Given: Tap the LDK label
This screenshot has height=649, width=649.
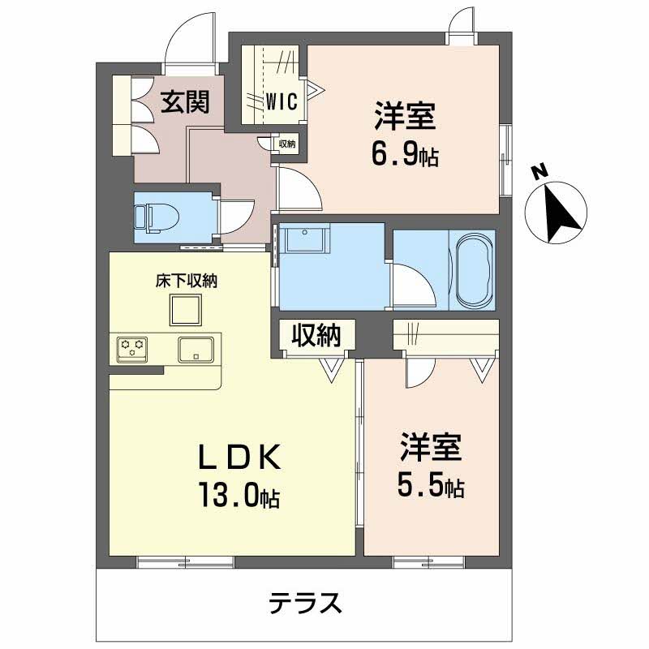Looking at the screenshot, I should point(241,458).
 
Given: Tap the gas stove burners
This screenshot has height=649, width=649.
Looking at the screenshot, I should point(133,349).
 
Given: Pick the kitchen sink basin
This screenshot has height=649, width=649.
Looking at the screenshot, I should point(196,350).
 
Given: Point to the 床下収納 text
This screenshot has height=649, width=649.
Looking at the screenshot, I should point(186,282).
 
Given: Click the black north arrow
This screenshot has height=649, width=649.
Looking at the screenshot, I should point(560,210).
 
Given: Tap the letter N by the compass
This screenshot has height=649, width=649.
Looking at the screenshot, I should point(536,171).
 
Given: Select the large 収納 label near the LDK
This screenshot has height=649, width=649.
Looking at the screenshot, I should point(316,336).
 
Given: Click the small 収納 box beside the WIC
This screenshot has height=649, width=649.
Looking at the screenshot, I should point(286,144).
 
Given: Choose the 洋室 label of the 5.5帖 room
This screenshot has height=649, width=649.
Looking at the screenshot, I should point(430,449).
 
